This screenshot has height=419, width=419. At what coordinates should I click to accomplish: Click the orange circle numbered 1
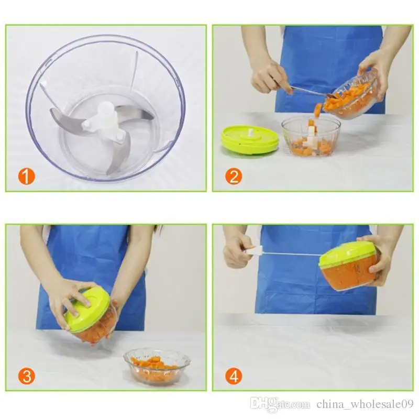(27, 177)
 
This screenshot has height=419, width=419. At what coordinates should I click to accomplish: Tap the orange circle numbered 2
(234, 177)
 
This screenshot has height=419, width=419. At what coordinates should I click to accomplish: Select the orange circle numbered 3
(27, 376)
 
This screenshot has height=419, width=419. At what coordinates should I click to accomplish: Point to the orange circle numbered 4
(234, 376)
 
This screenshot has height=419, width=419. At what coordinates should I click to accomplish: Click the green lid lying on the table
(250, 139)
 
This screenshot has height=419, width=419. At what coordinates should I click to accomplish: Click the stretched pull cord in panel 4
(292, 253)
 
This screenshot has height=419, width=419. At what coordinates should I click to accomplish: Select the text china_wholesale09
(365, 404)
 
